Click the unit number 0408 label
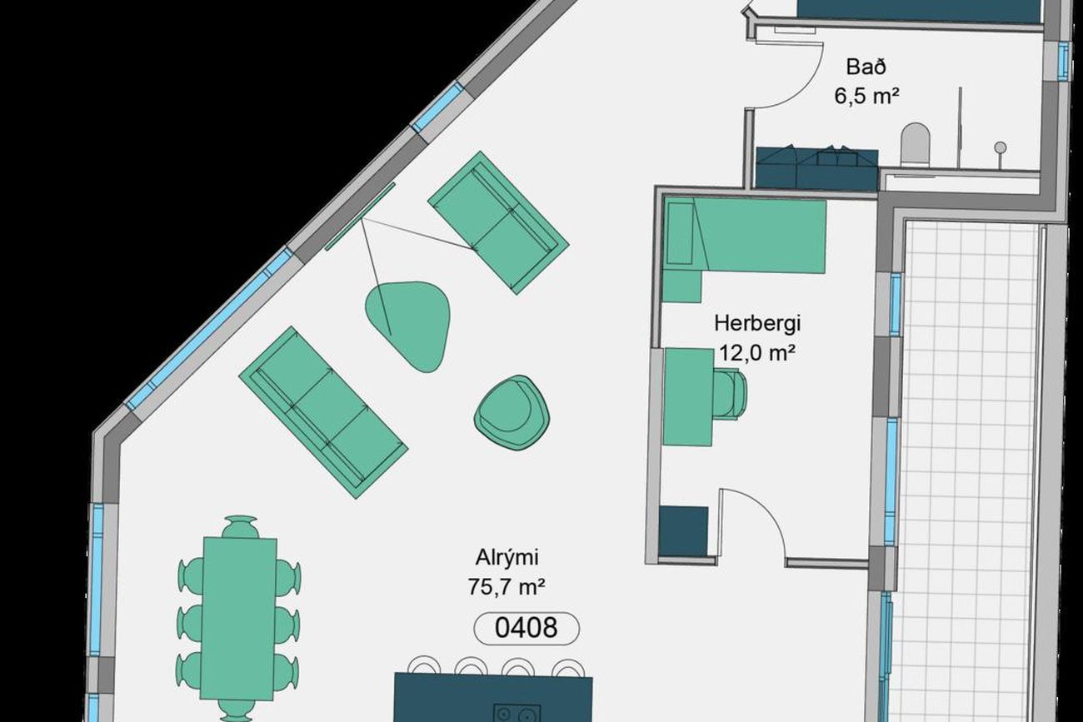[526, 628]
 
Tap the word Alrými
[507, 558]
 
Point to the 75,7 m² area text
[507, 587]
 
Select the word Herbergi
[757, 323]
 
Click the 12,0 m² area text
[757, 352]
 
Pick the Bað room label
[866, 67]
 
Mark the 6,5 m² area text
[866, 96]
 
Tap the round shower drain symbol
[1001, 147]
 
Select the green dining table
[239, 619]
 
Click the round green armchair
[512, 413]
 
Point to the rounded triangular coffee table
[409, 326]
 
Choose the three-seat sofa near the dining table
[323, 412]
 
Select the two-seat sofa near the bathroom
[498, 223]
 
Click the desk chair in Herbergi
[730, 395]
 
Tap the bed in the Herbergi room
[744, 236]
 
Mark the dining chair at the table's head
[240, 527]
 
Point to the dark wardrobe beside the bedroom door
[683, 531]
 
